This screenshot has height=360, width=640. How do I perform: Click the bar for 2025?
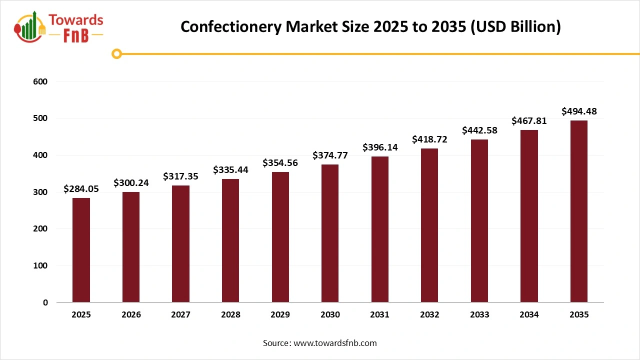(81, 250)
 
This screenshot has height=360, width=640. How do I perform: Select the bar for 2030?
(330, 233)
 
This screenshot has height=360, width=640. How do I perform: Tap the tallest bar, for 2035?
(579, 211)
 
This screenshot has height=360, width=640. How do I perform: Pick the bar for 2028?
(230, 240)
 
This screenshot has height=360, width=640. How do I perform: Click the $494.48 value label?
(579, 111)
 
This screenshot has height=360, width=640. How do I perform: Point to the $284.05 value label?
(81, 189)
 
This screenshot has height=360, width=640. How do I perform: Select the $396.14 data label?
(379, 147)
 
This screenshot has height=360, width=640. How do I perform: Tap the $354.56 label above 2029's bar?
(280, 163)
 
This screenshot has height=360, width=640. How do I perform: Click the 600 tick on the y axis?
(41, 81)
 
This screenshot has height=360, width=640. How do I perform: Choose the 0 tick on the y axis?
(45, 302)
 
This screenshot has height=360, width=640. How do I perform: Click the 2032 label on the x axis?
(429, 315)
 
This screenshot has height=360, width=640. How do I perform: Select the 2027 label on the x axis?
(180, 315)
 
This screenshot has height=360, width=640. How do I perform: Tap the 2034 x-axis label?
(529, 315)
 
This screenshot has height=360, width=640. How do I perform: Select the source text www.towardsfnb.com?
(335, 343)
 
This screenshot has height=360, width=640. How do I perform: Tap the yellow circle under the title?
(117, 53)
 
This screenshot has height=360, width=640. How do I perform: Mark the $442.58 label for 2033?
(479, 130)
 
